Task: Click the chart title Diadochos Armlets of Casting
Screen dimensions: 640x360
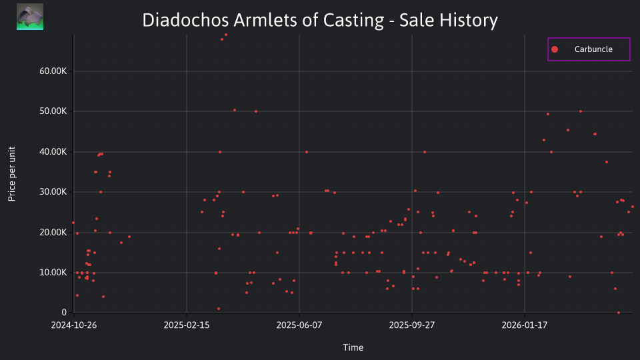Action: click(263, 20)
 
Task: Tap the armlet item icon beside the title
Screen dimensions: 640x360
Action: click(30, 17)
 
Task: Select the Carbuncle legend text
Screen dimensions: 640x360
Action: click(593, 49)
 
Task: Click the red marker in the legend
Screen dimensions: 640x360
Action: click(554, 49)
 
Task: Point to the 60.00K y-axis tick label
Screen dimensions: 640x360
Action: click(53, 71)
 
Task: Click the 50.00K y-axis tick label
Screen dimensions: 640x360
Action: click(53, 111)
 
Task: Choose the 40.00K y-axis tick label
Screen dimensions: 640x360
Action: click(53, 151)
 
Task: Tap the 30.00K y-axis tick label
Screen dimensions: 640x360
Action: click(53, 192)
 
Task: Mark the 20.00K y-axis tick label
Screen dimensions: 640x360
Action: click(53, 232)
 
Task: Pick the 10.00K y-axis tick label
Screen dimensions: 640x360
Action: click(53, 272)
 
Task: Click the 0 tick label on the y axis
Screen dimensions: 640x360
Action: click(64, 312)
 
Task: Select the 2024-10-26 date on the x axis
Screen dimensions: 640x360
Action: click(74, 325)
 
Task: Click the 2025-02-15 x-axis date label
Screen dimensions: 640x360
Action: click(187, 325)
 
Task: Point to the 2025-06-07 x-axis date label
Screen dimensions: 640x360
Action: click(299, 325)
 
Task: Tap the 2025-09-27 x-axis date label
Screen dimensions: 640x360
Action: click(412, 325)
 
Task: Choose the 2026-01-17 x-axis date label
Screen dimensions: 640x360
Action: click(525, 325)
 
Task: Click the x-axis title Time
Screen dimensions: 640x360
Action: click(353, 347)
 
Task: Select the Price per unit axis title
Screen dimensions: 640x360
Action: click(12, 174)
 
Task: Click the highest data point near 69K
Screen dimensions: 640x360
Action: click(226, 35)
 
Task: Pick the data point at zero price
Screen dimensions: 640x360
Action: click(619, 313)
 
